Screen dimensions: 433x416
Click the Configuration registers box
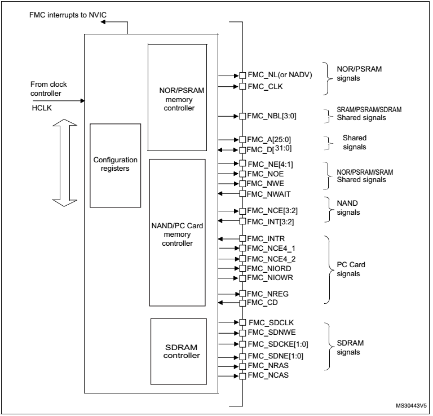pos(115,165)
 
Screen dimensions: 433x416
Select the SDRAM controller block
pos(179,351)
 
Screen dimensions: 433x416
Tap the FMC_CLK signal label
pos(265,87)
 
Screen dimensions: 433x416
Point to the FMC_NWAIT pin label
pos(268,194)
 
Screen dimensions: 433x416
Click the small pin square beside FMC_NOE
pos(242,174)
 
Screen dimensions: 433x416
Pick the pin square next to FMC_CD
pos(242,303)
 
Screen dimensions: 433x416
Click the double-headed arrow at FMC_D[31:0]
pos(228,150)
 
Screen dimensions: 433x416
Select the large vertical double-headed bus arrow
pos(65,163)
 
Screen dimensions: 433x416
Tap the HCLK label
pos(42,108)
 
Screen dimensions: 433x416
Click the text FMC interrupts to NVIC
pos(68,15)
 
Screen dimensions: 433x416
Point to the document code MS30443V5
pos(411,406)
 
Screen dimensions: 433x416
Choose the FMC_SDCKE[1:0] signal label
pos(278,344)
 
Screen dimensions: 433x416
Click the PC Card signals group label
pos(351,269)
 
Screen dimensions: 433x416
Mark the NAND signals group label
pos(348,207)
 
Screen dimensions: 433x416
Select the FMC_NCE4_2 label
pos(271,259)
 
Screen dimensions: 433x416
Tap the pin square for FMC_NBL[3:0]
pos(242,116)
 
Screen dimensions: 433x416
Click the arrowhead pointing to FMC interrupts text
pos(103,22)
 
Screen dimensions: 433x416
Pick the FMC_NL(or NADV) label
pos(280,75)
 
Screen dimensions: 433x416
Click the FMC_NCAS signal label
pos(268,375)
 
